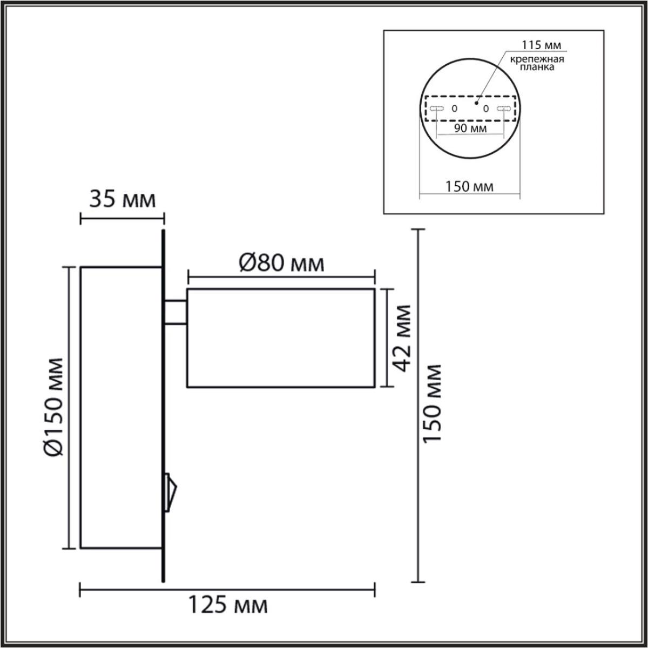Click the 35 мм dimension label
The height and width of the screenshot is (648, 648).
coord(122,200)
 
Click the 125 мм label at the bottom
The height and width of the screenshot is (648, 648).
coord(227,605)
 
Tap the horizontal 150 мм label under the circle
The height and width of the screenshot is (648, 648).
coord(469,187)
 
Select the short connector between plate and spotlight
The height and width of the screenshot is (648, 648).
coord(176,313)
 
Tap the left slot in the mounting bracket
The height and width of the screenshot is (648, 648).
coord(437,109)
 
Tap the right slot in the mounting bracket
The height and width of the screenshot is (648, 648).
coord(503,109)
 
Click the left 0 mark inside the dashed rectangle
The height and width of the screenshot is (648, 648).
coord(454,109)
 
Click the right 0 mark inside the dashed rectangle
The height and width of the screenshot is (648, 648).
coord(485,109)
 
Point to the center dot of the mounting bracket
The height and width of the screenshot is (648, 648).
coord(476,100)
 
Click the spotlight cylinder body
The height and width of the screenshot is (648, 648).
coord(281,338)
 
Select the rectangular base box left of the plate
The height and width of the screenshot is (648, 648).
coord(122,408)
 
